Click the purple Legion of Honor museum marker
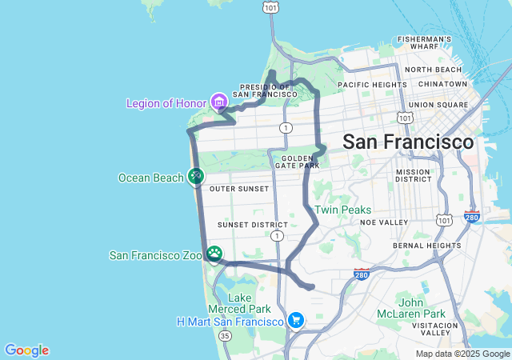(218, 102)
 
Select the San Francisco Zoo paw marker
(214, 254)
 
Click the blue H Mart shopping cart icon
(296, 320)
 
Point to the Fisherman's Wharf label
(425, 43)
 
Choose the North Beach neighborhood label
(434, 70)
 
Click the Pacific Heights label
(373, 84)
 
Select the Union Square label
(438, 105)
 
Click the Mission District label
(413, 176)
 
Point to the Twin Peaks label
(342, 210)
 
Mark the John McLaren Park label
(422, 308)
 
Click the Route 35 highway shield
(226, 336)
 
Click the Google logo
(26, 350)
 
